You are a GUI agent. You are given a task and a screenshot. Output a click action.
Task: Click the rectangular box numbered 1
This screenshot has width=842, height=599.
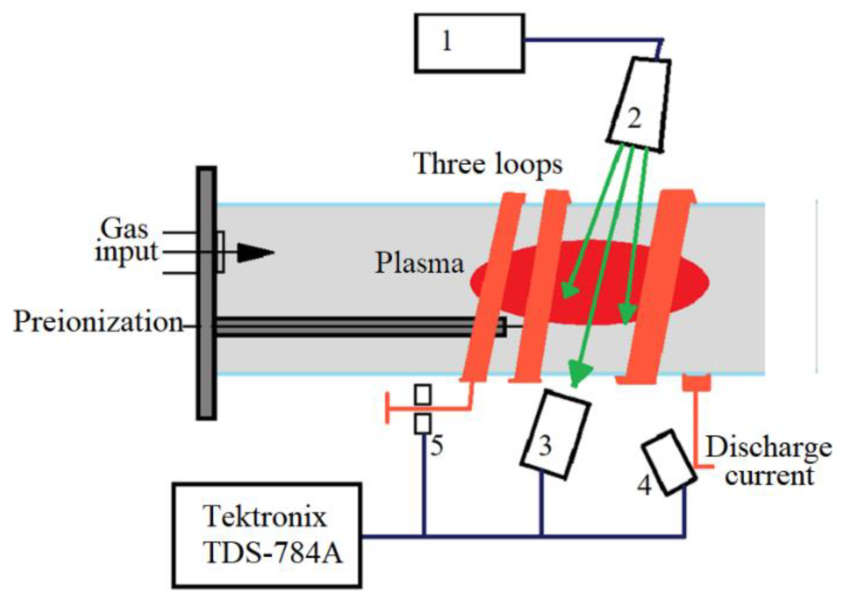[469, 43]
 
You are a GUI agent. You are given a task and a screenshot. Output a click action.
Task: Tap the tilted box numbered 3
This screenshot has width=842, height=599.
[555, 434]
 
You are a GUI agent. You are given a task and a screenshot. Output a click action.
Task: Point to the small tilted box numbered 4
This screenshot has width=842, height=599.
[668, 462]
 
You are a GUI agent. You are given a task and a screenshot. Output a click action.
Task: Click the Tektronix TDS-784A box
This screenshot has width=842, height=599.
[267, 535]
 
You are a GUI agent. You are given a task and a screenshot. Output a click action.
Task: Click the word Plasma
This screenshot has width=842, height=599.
[419, 263]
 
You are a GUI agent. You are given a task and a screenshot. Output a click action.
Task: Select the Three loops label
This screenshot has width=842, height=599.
[488, 164]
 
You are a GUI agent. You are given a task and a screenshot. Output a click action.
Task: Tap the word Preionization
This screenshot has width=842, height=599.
[98, 322]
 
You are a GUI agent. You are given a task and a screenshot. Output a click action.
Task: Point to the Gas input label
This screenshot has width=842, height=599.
[126, 241]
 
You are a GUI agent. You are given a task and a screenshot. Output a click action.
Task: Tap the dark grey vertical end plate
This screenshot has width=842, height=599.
[206, 293]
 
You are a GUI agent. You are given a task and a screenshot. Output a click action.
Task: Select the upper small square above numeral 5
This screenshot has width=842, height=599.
[423, 395]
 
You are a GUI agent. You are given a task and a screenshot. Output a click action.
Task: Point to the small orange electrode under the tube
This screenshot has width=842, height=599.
[697, 382]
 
